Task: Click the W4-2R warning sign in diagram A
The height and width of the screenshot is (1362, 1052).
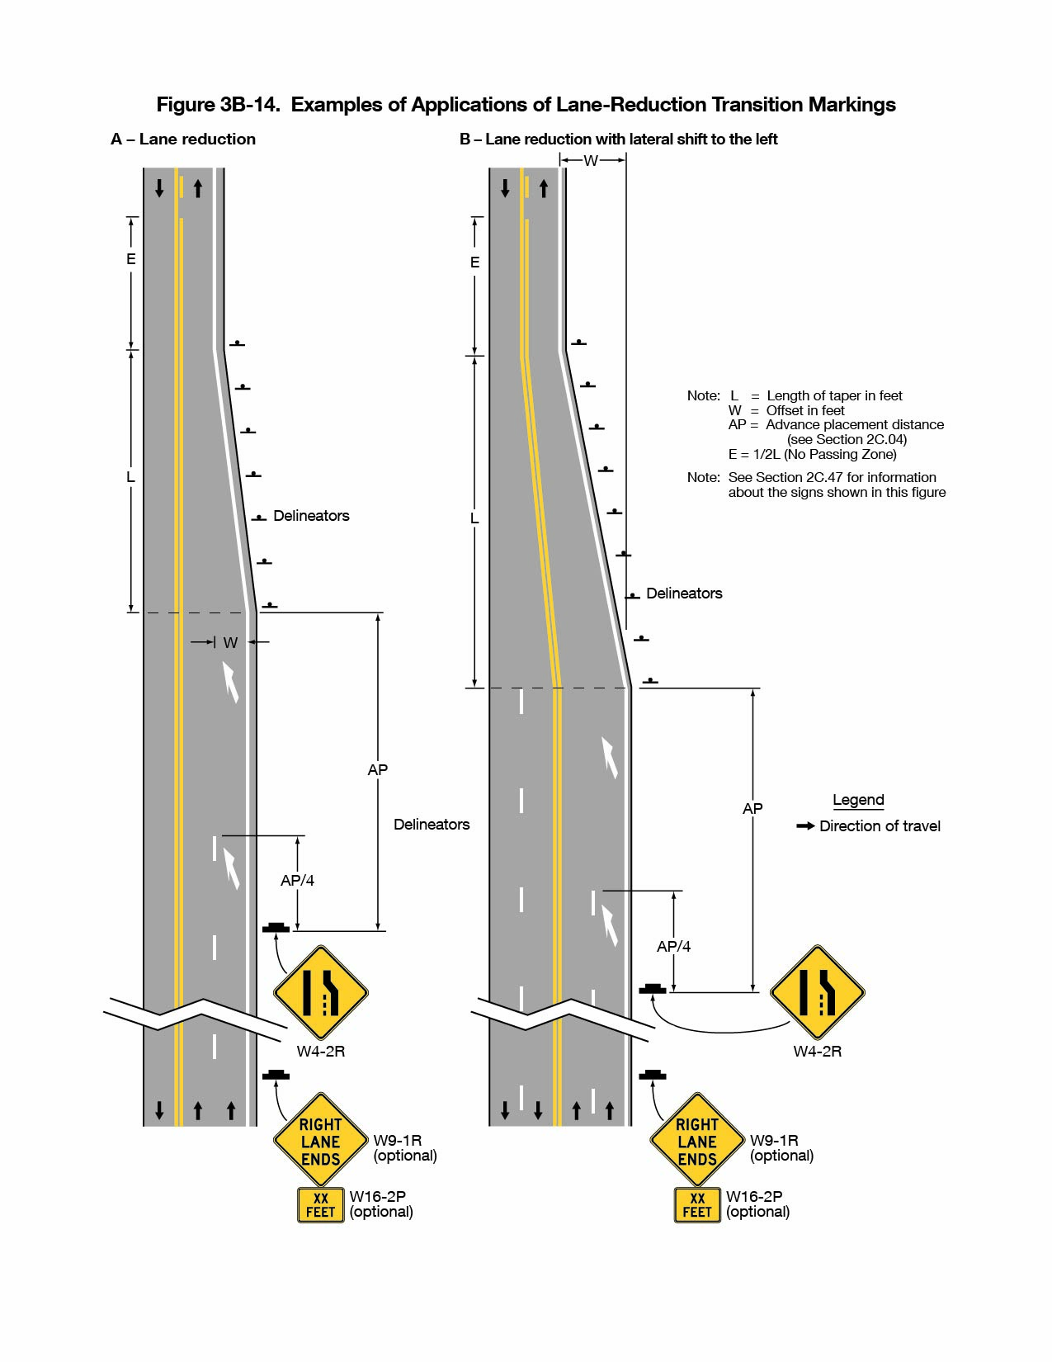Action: [320, 992]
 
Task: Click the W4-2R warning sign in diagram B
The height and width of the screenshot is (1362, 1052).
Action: [817, 992]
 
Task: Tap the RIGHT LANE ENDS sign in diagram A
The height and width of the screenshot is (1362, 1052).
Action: [320, 1141]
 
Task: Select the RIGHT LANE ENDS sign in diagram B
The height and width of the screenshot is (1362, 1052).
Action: [697, 1141]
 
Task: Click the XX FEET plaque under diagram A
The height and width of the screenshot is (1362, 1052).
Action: [321, 1205]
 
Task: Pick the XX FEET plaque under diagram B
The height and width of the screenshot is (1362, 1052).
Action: [697, 1205]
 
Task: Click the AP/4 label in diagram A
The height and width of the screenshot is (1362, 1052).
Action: [297, 881]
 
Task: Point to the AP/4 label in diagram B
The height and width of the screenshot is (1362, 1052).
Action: [673, 947]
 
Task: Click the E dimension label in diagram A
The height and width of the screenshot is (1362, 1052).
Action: [130, 259]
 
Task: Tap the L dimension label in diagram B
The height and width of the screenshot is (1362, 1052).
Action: [474, 518]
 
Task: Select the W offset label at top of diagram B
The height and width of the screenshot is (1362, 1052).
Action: [591, 161]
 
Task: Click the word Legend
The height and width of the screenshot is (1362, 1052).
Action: [858, 800]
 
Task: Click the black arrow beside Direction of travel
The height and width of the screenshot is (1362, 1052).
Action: [805, 825]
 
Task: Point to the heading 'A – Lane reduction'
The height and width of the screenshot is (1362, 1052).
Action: [183, 140]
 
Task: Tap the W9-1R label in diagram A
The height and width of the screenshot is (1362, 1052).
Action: [397, 1140]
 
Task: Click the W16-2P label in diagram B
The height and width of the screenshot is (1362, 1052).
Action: [754, 1196]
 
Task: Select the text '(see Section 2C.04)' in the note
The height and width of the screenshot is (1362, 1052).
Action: [847, 439]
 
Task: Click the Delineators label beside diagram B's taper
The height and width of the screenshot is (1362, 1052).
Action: [684, 594]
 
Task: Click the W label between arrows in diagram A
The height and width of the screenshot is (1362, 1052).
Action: [230, 642]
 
